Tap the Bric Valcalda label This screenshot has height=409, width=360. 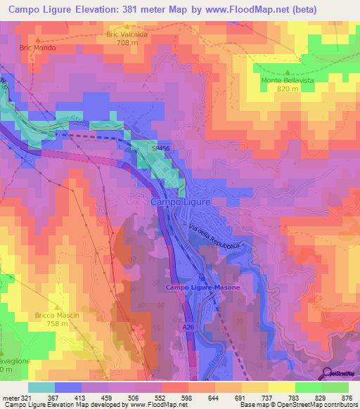click(127, 33)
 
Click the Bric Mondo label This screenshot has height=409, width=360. click(38, 48)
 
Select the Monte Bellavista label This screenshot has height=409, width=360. click(287, 80)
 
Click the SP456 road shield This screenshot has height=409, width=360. click(160, 149)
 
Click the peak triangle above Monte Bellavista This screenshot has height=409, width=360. click(287, 71)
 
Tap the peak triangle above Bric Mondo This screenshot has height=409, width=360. click(38, 40)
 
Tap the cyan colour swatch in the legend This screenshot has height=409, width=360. click(41, 387)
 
